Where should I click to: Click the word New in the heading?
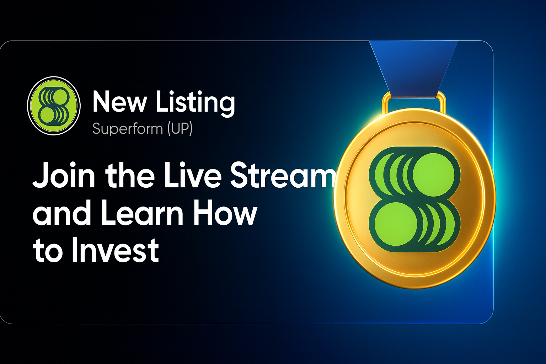pos(119,102)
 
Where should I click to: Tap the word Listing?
pos(195,103)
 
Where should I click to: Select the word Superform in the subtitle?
pos(127,128)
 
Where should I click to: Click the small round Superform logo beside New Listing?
pos(54,106)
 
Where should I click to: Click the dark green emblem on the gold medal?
pos(414,199)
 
